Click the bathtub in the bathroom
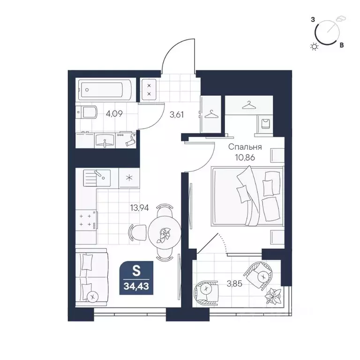(x=105, y=90)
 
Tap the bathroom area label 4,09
(x=114, y=113)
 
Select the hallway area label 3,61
(x=177, y=114)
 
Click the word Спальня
(x=245, y=147)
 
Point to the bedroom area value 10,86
(x=245, y=157)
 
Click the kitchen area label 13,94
(x=139, y=208)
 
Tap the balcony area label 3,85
(x=234, y=284)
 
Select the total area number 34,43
(x=136, y=286)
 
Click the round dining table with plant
(x=165, y=233)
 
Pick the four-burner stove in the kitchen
(x=86, y=220)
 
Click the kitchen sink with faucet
(x=97, y=178)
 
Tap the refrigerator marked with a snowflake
(x=129, y=178)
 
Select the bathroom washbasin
(x=105, y=140)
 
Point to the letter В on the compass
(x=342, y=45)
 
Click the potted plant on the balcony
(x=273, y=296)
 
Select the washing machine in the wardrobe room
(x=265, y=124)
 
